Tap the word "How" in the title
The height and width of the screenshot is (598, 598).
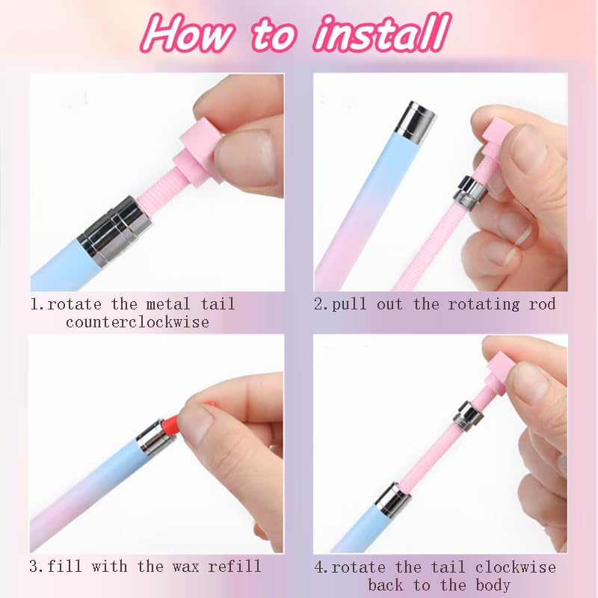(186, 34)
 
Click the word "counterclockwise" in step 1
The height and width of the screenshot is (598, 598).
(138, 322)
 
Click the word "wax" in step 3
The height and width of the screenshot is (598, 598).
(185, 566)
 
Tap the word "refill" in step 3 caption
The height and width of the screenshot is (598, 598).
(235, 566)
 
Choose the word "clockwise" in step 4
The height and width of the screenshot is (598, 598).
(515, 567)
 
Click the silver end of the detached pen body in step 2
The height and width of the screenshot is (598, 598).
(416, 122)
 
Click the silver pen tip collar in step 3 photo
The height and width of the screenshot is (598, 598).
(150, 439)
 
